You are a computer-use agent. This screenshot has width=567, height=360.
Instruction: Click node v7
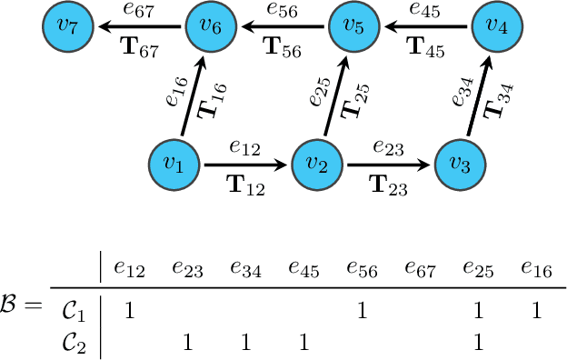[x=65, y=27]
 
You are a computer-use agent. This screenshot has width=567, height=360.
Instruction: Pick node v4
[x=495, y=27]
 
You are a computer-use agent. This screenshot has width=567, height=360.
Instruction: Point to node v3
[x=460, y=165]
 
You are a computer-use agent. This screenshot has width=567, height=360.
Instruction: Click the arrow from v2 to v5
[x=334, y=96]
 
